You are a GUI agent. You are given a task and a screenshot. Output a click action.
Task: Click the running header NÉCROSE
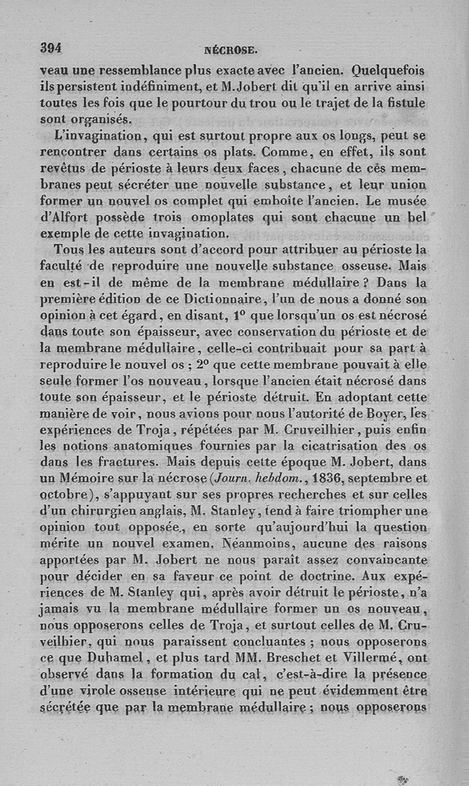234,50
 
